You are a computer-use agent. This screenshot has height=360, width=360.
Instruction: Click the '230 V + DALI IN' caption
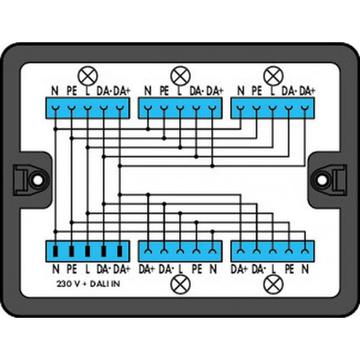coord(88,284)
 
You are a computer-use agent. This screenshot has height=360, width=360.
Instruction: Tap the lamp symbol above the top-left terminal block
coord(88,76)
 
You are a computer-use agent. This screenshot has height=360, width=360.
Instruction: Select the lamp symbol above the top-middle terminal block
coord(181,76)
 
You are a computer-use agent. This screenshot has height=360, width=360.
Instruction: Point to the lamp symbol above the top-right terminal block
coord(273,76)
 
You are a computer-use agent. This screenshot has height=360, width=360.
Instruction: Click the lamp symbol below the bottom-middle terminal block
coord(181,284)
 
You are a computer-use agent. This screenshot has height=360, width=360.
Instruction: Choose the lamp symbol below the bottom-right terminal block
coord(273,284)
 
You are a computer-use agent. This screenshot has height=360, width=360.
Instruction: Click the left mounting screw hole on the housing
coord(37,180)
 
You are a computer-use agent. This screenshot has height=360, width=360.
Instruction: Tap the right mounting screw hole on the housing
coord(323,180)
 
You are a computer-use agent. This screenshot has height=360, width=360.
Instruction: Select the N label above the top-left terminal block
coord(55,91)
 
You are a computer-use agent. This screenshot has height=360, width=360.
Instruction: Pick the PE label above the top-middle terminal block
coord(164,91)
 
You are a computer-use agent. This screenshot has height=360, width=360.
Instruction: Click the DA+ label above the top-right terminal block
coord(307,91)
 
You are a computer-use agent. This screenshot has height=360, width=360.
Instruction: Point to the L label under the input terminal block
coord(88,269)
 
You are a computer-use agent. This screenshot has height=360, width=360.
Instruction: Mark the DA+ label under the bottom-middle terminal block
coord(147,269)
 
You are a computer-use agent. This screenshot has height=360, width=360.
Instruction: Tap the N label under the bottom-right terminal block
coord(305,269)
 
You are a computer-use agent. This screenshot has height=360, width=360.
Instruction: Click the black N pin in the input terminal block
coord(55,252)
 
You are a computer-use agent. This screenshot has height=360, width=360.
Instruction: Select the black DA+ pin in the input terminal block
coord(119,252)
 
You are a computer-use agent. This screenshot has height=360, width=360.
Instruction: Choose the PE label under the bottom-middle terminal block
coord(197,269)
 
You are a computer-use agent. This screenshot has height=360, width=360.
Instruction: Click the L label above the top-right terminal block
coord(272,91)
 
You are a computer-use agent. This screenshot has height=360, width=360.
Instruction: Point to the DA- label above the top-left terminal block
coord(104,91)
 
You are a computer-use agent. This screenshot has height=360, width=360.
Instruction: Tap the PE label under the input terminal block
coord(72,269)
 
